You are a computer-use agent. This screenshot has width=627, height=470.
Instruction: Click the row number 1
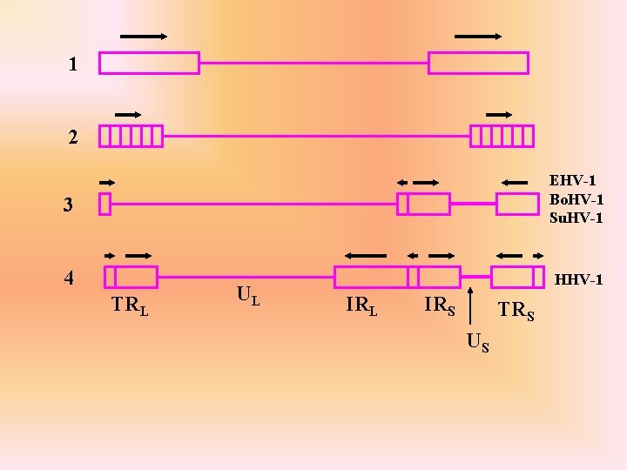(73, 64)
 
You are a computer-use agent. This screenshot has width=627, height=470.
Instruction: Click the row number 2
(73, 137)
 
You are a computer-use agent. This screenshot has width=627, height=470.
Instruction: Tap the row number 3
(67, 205)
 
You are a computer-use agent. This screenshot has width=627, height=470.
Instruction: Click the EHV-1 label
(573, 181)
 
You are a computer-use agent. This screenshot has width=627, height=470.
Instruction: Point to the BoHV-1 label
(576, 199)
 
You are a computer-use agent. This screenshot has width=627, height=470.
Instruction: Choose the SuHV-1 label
(576, 218)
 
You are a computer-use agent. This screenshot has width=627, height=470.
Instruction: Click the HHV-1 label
(578, 280)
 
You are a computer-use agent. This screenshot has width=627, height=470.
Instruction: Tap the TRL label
(129, 305)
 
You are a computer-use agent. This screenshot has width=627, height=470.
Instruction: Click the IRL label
(361, 305)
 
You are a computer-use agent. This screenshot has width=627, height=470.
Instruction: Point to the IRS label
(439, 305)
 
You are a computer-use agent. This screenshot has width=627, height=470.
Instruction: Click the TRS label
(516, 310)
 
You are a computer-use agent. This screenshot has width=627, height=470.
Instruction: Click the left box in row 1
(149, 63)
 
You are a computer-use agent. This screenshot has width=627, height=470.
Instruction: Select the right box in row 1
(478, 63)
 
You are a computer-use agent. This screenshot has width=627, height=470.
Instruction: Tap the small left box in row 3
(104, 204)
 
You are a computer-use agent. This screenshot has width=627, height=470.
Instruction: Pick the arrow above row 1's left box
(144, 37)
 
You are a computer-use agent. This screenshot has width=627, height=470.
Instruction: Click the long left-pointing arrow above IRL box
(365, 255)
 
